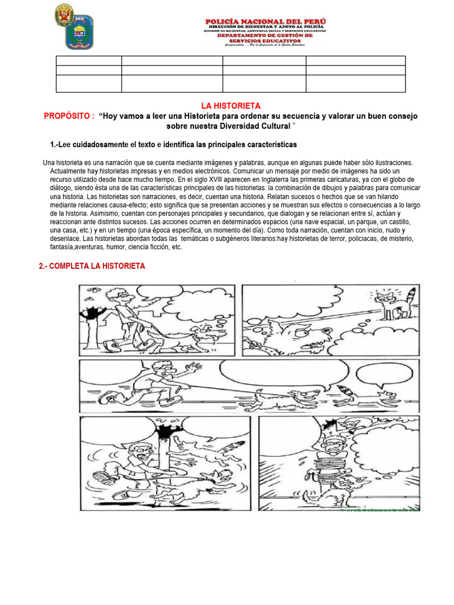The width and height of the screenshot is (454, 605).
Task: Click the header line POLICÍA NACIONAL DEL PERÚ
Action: click(x=265, y=22)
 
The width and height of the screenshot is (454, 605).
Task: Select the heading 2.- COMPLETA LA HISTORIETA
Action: click(x=92, y=266)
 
